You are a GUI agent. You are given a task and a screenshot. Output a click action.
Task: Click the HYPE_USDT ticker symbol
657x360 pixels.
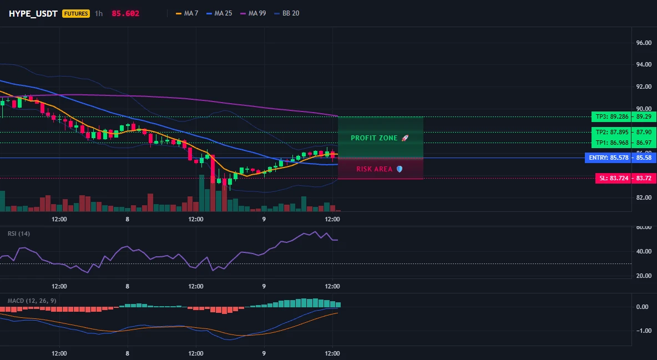[33, 13]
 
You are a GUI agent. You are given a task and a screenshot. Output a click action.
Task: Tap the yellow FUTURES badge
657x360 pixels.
[76, 13]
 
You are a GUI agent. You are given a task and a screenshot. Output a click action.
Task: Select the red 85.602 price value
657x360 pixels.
[126, 13]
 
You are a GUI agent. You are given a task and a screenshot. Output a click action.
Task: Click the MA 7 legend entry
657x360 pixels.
[187, 13]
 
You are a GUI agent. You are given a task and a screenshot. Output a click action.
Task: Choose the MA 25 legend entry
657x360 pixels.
[219, 13]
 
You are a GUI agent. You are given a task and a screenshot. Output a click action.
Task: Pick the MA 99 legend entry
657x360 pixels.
[253, 13]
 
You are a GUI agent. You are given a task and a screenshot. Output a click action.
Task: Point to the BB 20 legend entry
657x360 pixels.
[286, 13]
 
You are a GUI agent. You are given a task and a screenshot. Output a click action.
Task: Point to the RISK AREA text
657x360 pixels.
[375, 169]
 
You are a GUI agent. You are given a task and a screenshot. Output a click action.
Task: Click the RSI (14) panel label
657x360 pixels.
[19, 234]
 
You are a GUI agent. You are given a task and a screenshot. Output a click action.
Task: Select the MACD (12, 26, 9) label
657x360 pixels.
[32, 301]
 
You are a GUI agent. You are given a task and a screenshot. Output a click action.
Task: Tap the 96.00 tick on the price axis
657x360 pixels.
[644, 43]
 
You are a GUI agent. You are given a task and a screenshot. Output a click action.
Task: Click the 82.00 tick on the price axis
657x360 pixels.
[644, 198]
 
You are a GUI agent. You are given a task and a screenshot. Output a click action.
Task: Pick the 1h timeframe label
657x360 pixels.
[99, 13]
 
